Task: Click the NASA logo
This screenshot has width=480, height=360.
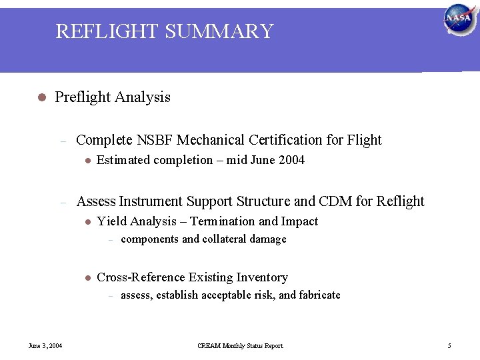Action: (459, 19)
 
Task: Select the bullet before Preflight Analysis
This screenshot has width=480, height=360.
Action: (41, 97)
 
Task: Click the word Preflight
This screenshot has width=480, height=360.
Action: (83, 97)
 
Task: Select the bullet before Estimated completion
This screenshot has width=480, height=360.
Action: (87, 160)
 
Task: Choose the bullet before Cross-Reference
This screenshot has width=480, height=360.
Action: (87, 277)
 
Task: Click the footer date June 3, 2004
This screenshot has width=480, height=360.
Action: (45, 346)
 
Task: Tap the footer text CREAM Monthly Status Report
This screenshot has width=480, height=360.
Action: (240, 346)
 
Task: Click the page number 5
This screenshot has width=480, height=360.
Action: (449, 346)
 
